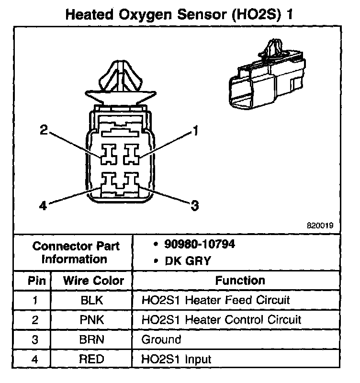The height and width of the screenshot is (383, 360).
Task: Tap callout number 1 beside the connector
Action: [195, 130]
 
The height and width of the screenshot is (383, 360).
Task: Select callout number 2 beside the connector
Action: [44, 130]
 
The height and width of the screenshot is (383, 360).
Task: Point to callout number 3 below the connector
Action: [194, 206]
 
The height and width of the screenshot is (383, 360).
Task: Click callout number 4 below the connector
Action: [43, 207]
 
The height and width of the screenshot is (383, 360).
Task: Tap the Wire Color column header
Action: [93, 281]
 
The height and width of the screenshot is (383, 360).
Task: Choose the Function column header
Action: [239, 281]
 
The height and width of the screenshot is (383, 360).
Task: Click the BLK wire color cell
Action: [93, 300]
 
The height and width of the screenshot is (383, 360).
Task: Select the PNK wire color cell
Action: [93, 320]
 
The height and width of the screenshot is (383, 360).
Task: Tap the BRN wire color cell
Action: [93, 339]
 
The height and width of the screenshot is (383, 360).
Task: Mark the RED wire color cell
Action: [93, 359]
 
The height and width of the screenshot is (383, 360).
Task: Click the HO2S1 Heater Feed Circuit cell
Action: [215, 300]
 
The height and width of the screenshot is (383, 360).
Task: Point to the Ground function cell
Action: [161, 339]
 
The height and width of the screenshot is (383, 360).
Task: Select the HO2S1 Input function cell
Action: [176, 359]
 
